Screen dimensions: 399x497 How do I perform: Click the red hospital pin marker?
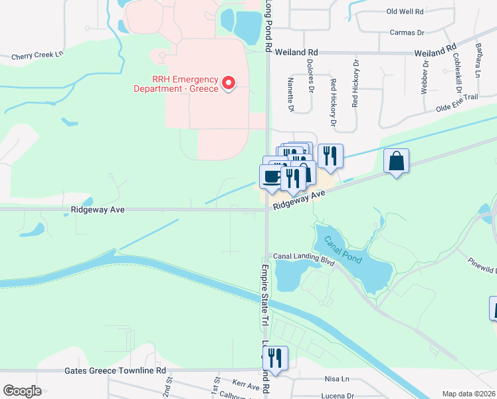(x=229, y=83)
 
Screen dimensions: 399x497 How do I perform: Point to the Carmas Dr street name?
(x=407, y=32)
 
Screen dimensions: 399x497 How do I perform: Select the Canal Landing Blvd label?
(x=303, y=257)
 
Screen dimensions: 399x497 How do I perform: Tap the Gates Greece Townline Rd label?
(x=115, y=370)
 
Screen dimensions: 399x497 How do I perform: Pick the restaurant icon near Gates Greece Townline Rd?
(x=274, y=358)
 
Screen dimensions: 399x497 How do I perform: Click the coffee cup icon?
(x=271, y=176)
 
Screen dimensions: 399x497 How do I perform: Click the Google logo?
(x=23, y=391)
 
